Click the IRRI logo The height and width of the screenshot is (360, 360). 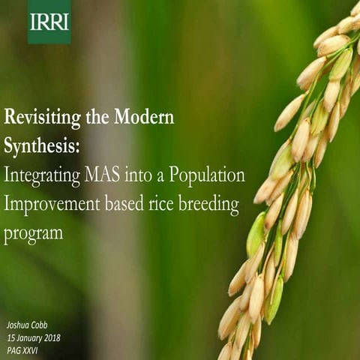[x=49, y=22]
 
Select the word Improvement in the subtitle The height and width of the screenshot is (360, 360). [x=56, y=205]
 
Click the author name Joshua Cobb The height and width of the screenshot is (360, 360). [x=26, y=325]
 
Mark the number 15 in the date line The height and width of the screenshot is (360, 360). [x=10, y=337]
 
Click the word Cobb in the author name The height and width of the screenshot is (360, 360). [x=37, y=325]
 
